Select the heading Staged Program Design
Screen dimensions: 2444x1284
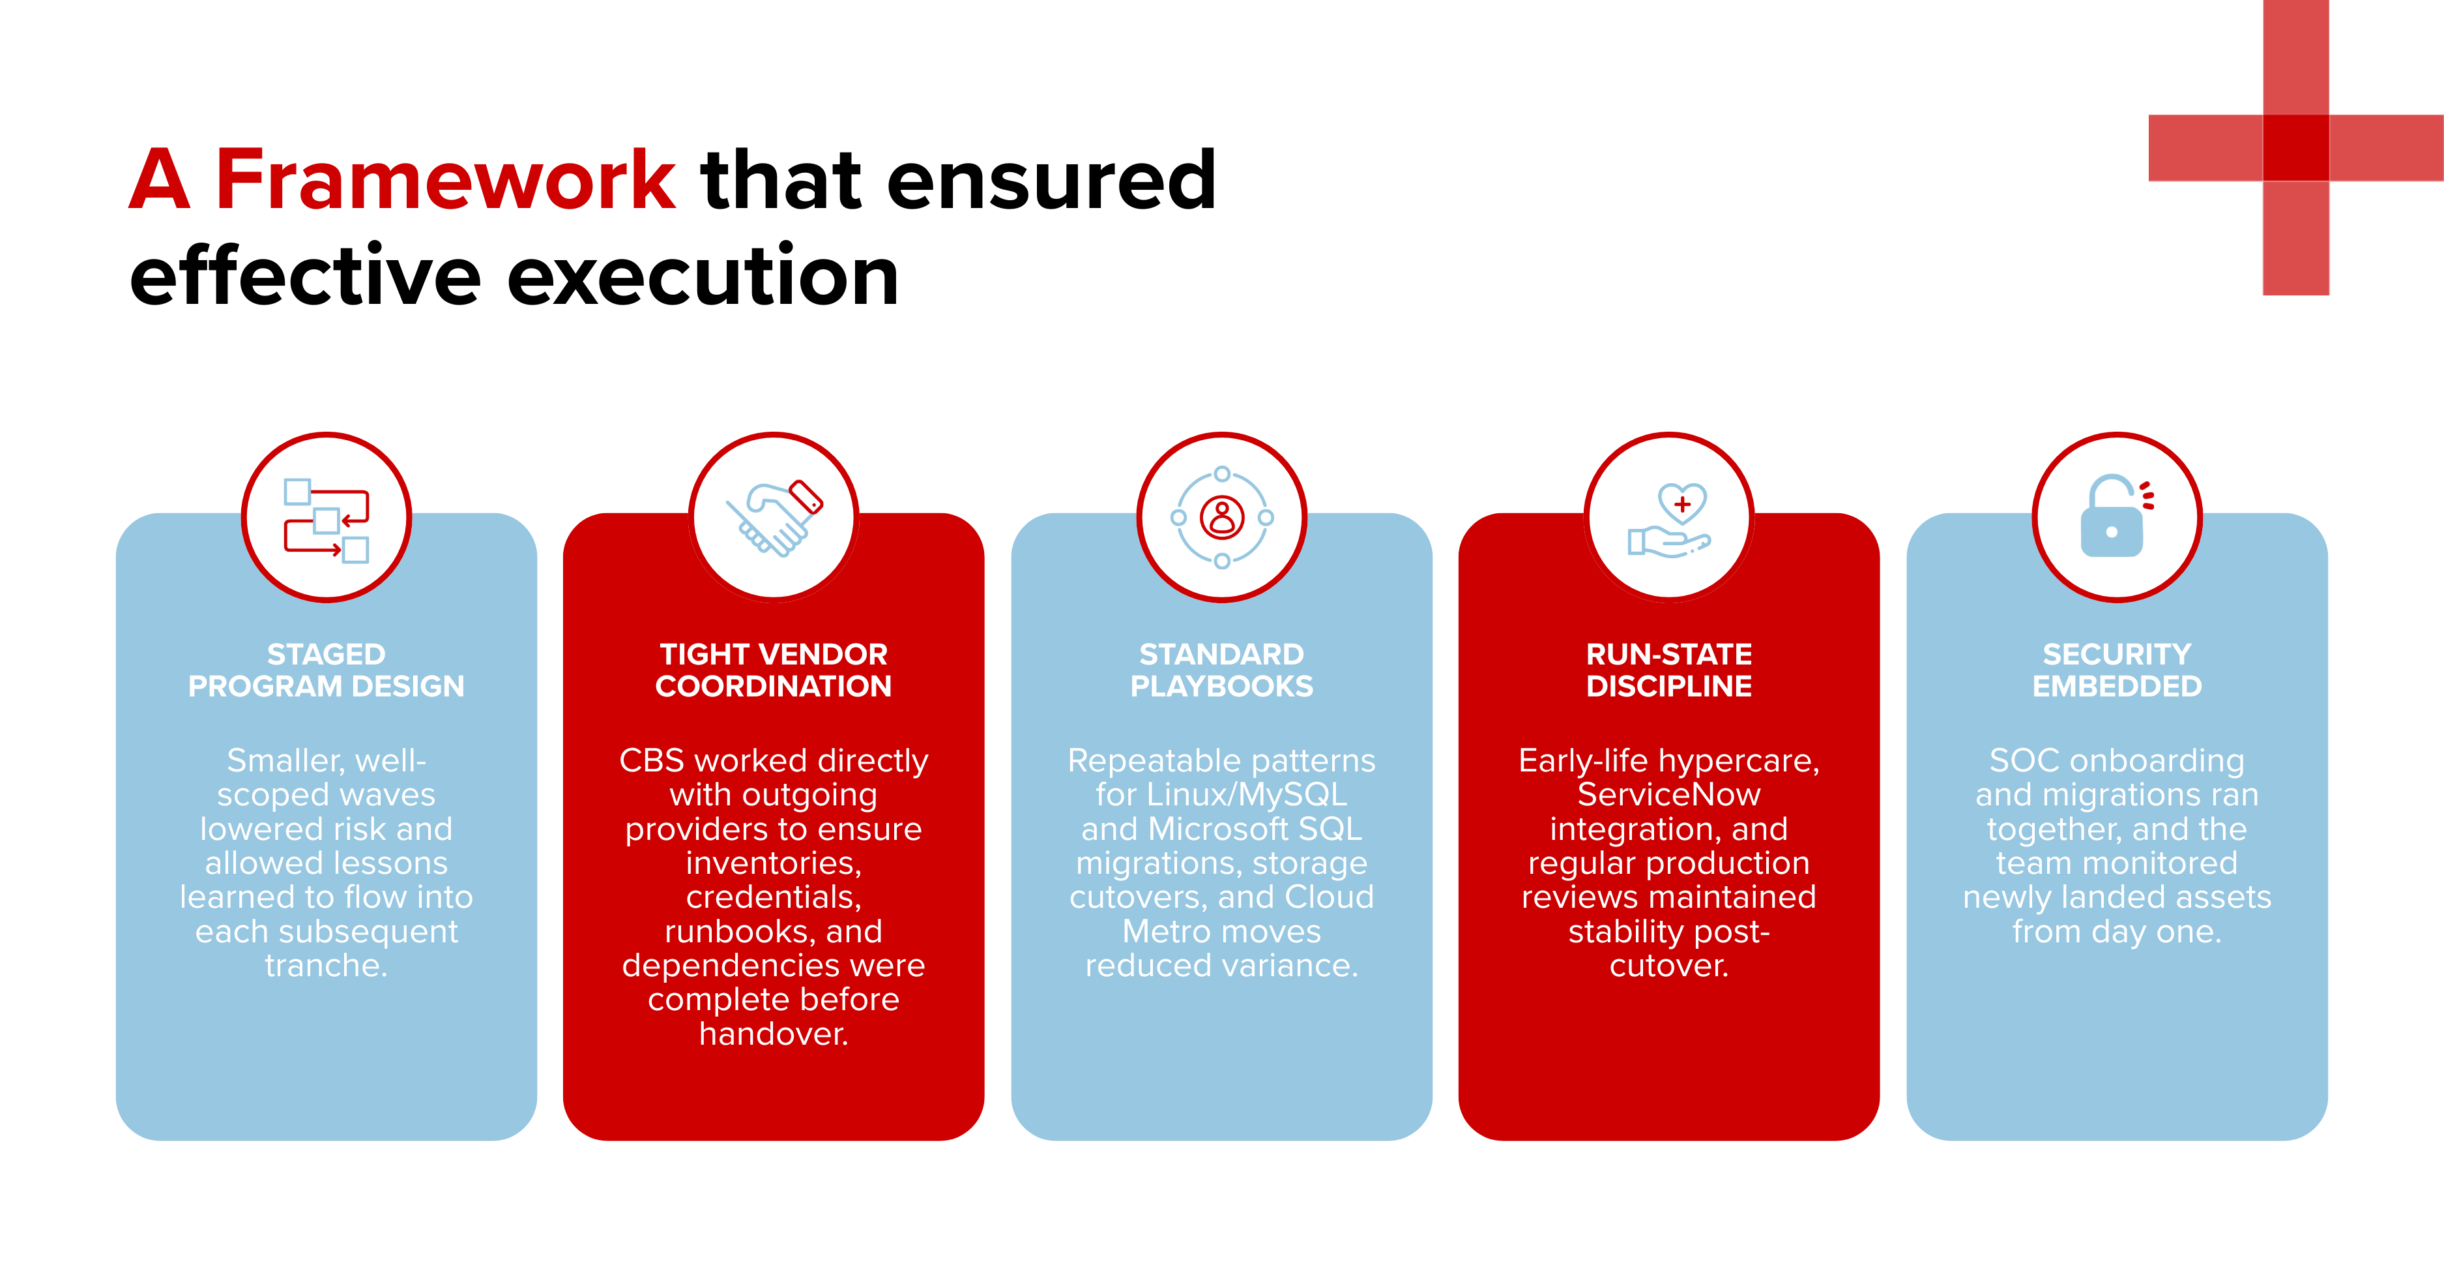(327, 670)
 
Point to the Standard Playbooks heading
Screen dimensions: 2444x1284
(1222, 670)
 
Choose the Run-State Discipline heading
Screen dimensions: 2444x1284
(1669, 670)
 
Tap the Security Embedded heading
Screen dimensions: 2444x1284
(2117, 670)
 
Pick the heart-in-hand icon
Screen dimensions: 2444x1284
(1669, 519)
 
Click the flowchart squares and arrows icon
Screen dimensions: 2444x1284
(327, 520)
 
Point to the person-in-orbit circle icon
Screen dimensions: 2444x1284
(1222, 517)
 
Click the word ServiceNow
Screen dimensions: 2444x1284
(1669, 794)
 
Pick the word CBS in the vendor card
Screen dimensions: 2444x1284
(652, 760)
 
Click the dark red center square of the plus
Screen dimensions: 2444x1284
(2296, 147)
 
